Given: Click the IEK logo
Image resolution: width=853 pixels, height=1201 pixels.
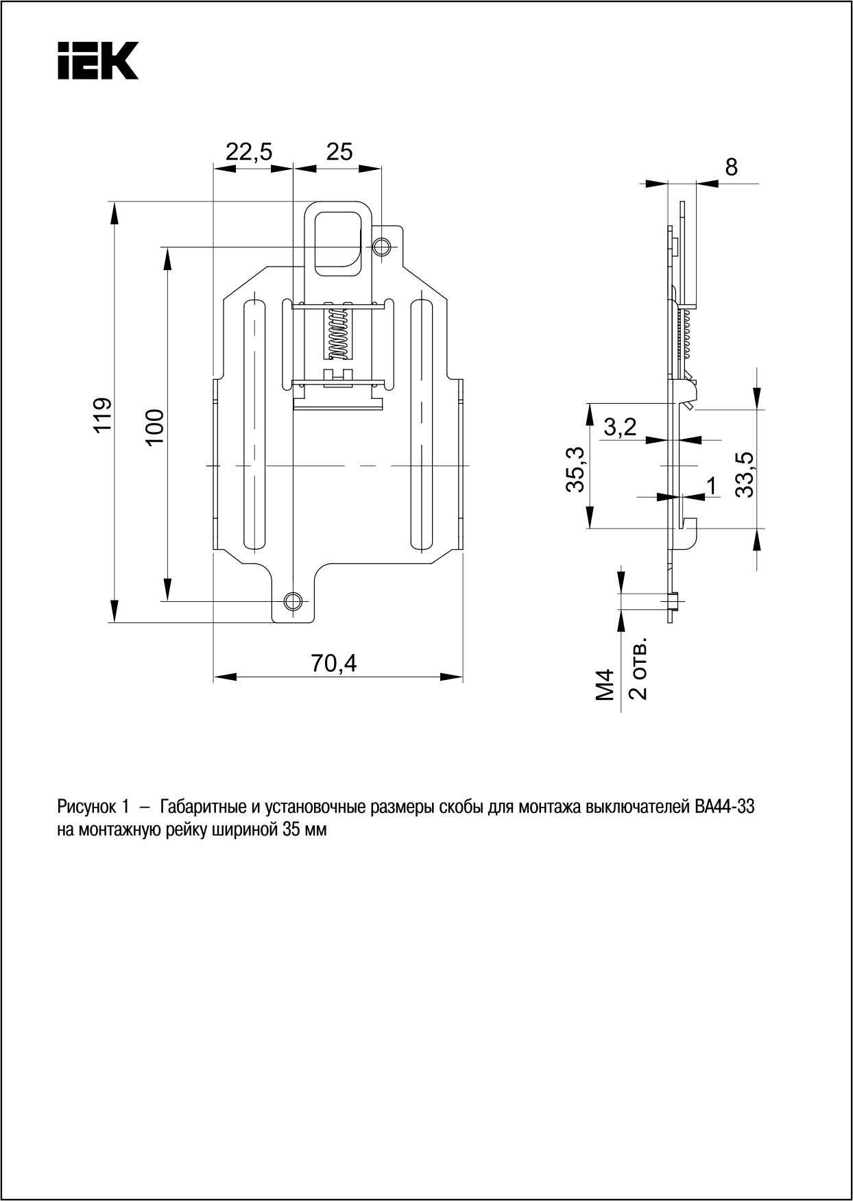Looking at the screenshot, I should click(98, 60).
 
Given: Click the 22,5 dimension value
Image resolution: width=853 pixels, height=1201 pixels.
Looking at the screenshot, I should click(249, 151).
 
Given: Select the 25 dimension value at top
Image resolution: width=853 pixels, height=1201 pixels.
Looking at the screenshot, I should click(339, 151).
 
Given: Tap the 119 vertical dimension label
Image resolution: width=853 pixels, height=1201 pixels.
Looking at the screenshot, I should click(102, 414).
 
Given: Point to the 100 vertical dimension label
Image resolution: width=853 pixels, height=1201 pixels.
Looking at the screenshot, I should click(154, 426).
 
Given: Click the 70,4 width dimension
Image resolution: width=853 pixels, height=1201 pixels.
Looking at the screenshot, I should click(334, 663).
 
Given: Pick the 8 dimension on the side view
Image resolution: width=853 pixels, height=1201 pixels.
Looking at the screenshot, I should click(732, 167).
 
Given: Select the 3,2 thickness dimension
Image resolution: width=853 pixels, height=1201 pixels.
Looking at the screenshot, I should click(620, 428).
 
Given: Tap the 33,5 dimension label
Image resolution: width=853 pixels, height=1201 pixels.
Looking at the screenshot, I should click(745, 474).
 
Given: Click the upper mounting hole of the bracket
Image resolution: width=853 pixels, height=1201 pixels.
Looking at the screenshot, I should click(382, 246).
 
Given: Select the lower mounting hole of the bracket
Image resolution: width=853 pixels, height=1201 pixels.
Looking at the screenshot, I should click(293, 600).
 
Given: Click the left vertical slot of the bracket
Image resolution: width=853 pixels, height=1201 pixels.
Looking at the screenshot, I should click(254, 424).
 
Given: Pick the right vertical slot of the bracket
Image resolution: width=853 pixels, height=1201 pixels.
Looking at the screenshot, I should click(421, 424).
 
